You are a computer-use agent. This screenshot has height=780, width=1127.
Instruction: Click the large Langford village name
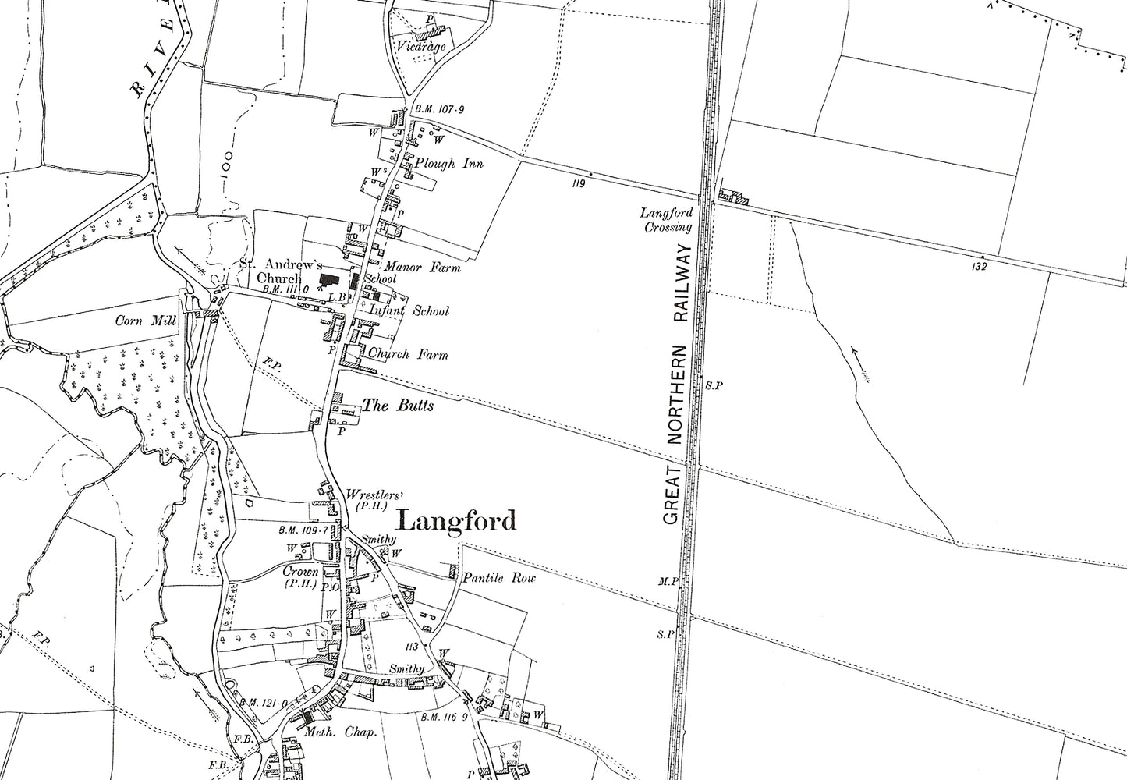click(x=456, y=520)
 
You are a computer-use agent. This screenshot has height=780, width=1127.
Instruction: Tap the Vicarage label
click(x=420, y=47)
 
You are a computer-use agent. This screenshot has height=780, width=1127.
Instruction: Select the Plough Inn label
click(x=449, y=164)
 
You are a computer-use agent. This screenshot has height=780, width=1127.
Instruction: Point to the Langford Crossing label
click(x=666, y=220)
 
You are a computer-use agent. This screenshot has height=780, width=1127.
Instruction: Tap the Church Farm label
click(x=408, y=355)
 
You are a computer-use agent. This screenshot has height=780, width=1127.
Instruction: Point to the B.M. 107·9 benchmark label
click(x=439, y=110)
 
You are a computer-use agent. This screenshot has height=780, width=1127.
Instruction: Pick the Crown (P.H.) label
click(x=299, y=576)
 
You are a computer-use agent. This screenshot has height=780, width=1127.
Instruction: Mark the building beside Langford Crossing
click(x=734, y=197)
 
